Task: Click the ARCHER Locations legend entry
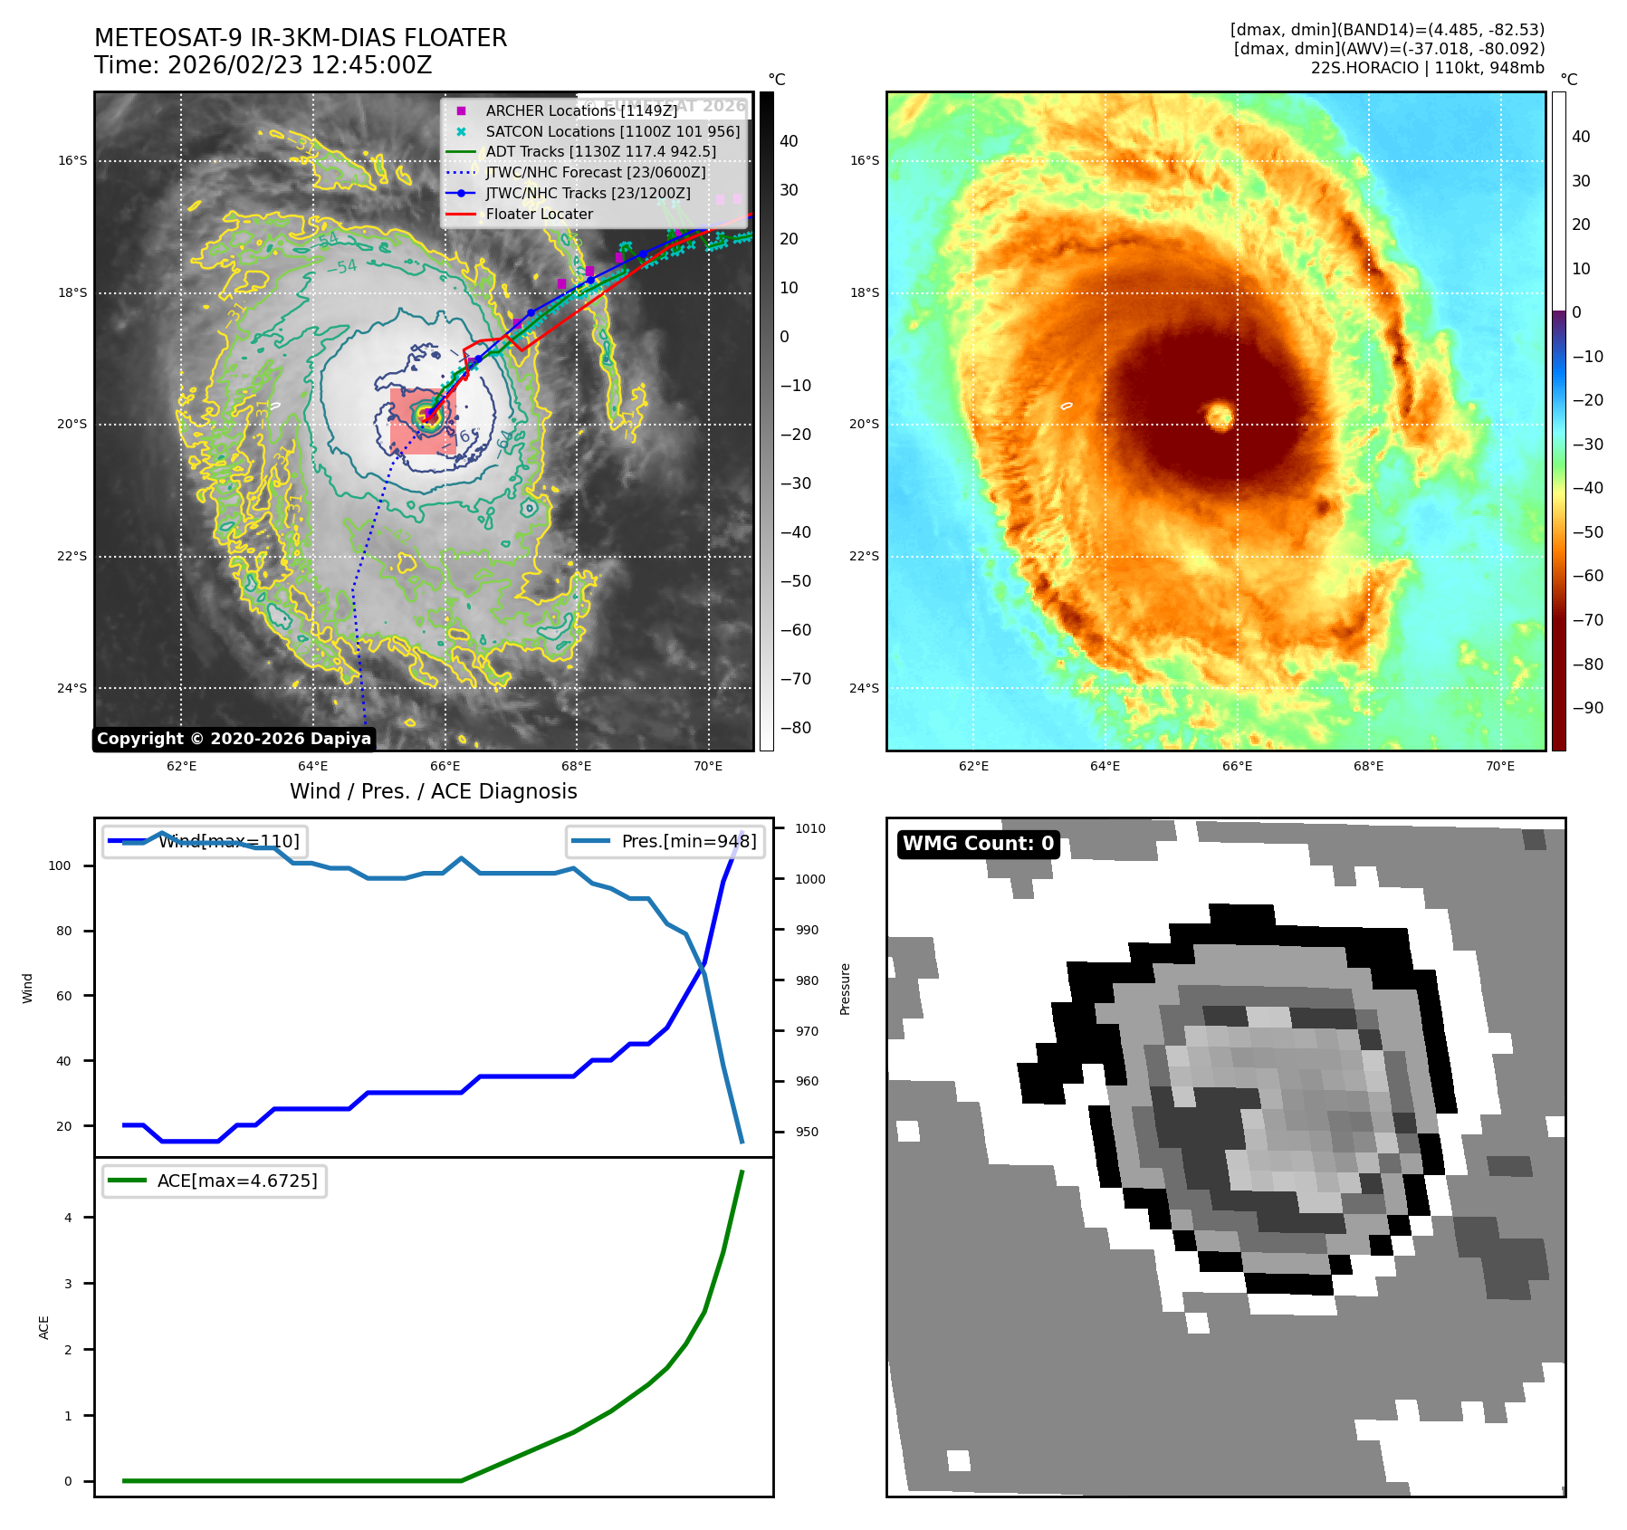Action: click(580, 110)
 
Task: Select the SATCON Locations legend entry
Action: click(612, 131)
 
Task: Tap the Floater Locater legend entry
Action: click(539, 215)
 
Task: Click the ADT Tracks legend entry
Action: click(600, 152)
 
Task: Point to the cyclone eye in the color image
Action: click(1220, 416)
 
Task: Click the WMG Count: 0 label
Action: click(978, 844)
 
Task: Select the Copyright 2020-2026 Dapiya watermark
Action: click(234, 739)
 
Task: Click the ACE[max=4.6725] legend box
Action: click(215, 1181)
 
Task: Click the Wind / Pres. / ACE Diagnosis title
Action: click(433, 791)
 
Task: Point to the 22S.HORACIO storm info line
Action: click(1427, 68)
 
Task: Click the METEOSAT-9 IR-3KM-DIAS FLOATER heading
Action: click(301, 38)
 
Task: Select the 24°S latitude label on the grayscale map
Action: click(72, 688)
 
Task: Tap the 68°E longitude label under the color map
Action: click(1368, 766)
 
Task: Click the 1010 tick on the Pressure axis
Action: click(810, 828)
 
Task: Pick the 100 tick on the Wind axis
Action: click(60, 865)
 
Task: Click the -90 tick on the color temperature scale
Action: click(1587, 708)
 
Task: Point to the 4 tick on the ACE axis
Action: click(68, 1218)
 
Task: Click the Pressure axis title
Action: click(845, 989)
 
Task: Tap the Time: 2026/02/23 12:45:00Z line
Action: click(263, 66)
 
